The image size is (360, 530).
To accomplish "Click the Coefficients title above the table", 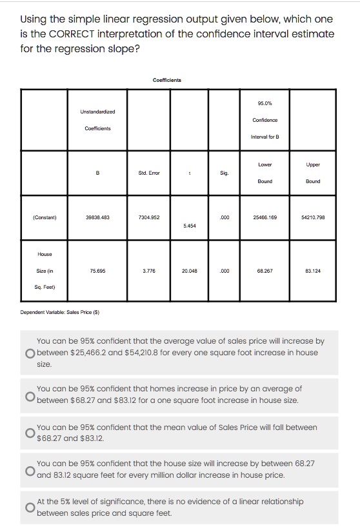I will point(166,80).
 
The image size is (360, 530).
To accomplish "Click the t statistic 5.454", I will point(190,227).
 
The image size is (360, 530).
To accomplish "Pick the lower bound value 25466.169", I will point(265,217).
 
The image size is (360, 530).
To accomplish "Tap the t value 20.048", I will point(190,271).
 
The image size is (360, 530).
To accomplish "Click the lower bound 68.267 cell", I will point(265,271).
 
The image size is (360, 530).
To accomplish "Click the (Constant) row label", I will point(45,217).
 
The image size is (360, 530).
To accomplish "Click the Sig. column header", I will point(224,173).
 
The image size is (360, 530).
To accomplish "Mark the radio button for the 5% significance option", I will point(30,507).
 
